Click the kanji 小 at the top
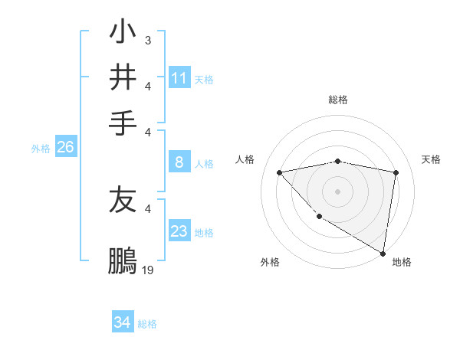[x=123, y=34]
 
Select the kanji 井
[x=123, y=77]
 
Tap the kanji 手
[x=123, y=120]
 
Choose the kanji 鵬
[x=123, y=260]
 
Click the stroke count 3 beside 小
[x=147, y=39]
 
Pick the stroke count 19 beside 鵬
[x=148, y=270]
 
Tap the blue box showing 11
[x=179, y=78]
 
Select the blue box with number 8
[x=179, y=162]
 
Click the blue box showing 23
[x=179, y=231]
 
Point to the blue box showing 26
[x=65, y=148]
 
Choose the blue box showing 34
[x=122, y=322]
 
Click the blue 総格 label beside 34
[x=148, y=324]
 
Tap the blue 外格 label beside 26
[x=41, y=149]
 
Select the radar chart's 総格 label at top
[x=338, y=100]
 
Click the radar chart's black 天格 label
[x=432, y=159]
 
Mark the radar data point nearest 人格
[x=279, y=172]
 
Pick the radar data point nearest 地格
[x=382, y=253]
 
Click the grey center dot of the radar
[x=337, y=191]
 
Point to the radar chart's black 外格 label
[x=270, y=262]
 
